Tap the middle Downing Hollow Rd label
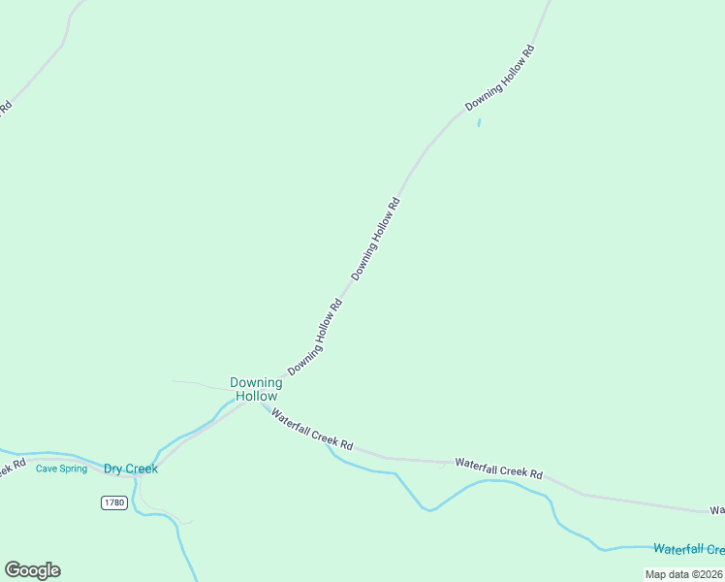(x=376, y=240)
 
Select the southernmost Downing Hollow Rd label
(x=315, y=337)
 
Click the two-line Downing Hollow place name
(x=256, y=389)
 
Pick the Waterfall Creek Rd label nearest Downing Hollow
(x=311, y=429)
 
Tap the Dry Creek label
(x=131, y=469)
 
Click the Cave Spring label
(x=61, y=469)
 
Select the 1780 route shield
(x=113, y=501)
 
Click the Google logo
(x=32, y=570)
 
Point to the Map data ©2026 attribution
(x=682, y=574)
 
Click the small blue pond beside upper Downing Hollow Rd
(x=479, y=122)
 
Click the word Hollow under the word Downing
(x=256, y=396)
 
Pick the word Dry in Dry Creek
(x=115, y=469)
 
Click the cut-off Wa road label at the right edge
(x=717, y=510)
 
